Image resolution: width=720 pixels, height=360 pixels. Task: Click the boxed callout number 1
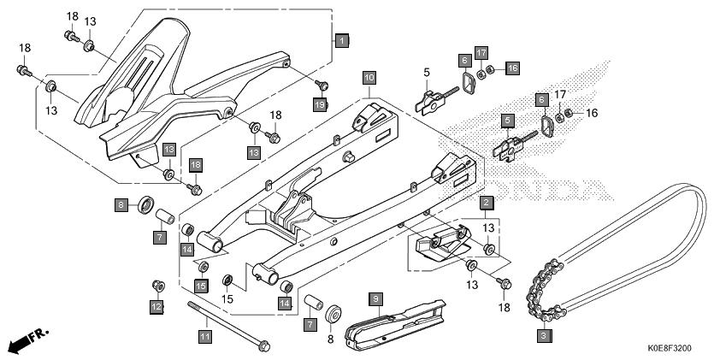(341, 40)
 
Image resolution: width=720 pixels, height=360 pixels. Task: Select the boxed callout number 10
(369, 78)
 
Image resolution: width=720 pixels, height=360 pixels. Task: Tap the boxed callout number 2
(485, 203)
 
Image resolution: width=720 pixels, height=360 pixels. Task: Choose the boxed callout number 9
(375, 298)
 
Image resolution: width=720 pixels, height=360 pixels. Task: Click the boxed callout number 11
(204, 335)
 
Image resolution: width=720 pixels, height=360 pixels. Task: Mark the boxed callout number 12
(156, 306)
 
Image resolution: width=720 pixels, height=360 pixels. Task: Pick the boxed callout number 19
(320, 104)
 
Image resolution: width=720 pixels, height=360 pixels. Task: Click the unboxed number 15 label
(227, 298)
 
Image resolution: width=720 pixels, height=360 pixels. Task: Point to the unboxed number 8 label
(330, 339)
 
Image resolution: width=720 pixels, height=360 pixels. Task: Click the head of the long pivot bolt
(263, 347)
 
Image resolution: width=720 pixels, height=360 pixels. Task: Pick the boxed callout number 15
(201, 285)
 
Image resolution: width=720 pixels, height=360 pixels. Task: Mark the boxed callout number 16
(511, 68)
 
